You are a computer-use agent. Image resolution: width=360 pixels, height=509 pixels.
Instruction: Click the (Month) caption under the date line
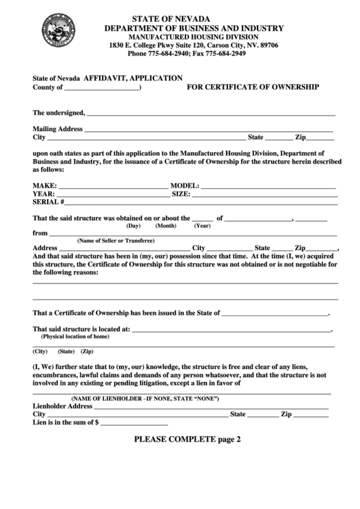point(166,226)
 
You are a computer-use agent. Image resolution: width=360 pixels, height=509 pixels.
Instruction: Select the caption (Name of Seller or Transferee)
point(115,241)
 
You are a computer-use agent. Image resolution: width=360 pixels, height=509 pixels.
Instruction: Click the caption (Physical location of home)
point(75,336)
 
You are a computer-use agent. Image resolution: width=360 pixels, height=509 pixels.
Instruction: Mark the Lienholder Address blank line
point(210,406)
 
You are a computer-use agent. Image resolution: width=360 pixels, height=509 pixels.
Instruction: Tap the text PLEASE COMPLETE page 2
point(187,439)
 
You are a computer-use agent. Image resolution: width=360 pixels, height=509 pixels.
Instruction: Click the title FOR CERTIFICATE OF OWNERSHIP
point(253,88)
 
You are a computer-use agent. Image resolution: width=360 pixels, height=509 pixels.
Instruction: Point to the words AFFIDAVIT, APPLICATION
point(133,78)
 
